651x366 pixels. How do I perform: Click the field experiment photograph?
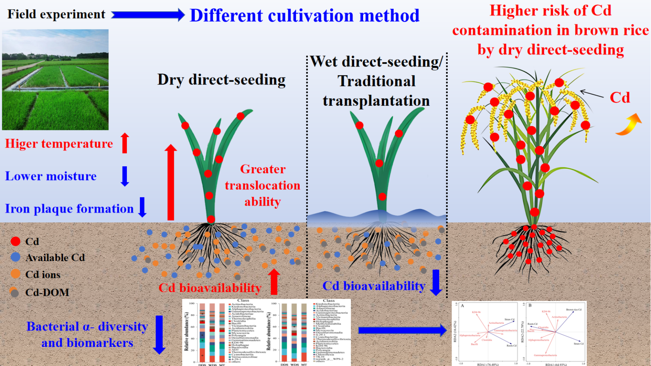pyautogui.click(x=55, y=79)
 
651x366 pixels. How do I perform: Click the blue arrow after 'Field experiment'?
pyautogui.click(x=148, y=15)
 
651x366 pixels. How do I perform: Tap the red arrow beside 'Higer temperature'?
pyautogui.click(x=125, y=143)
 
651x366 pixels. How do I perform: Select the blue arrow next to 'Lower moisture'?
pyautogui.click(x=125, y=176)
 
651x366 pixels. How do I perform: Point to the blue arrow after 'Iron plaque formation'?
pyautogui.click(x=143, y=207)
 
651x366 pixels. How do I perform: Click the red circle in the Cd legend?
pyautogui.click(x=15, y=241)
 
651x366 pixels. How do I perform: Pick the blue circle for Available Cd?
pyautogui.click(x=15, y=257)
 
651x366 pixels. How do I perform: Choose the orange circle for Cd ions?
pyautogui.click(x=15, y=274)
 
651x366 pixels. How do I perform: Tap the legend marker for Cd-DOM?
pyautogui.click(x=14, y=292)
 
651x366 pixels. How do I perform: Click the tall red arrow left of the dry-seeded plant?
pyautogui.click(x=170, y=182)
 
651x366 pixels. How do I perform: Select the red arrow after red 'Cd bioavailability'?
pyautogui.click(x=274, y=282)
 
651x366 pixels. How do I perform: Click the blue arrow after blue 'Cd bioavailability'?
pyautogui.click(x=436, y=282)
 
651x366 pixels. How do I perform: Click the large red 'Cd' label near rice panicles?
pyautogui.click(x=620, y=97)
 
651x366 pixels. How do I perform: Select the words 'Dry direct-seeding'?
pyautogui.click(x=221, y=80)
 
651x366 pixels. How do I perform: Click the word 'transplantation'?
pyautogui.click(x=376, y=101)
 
